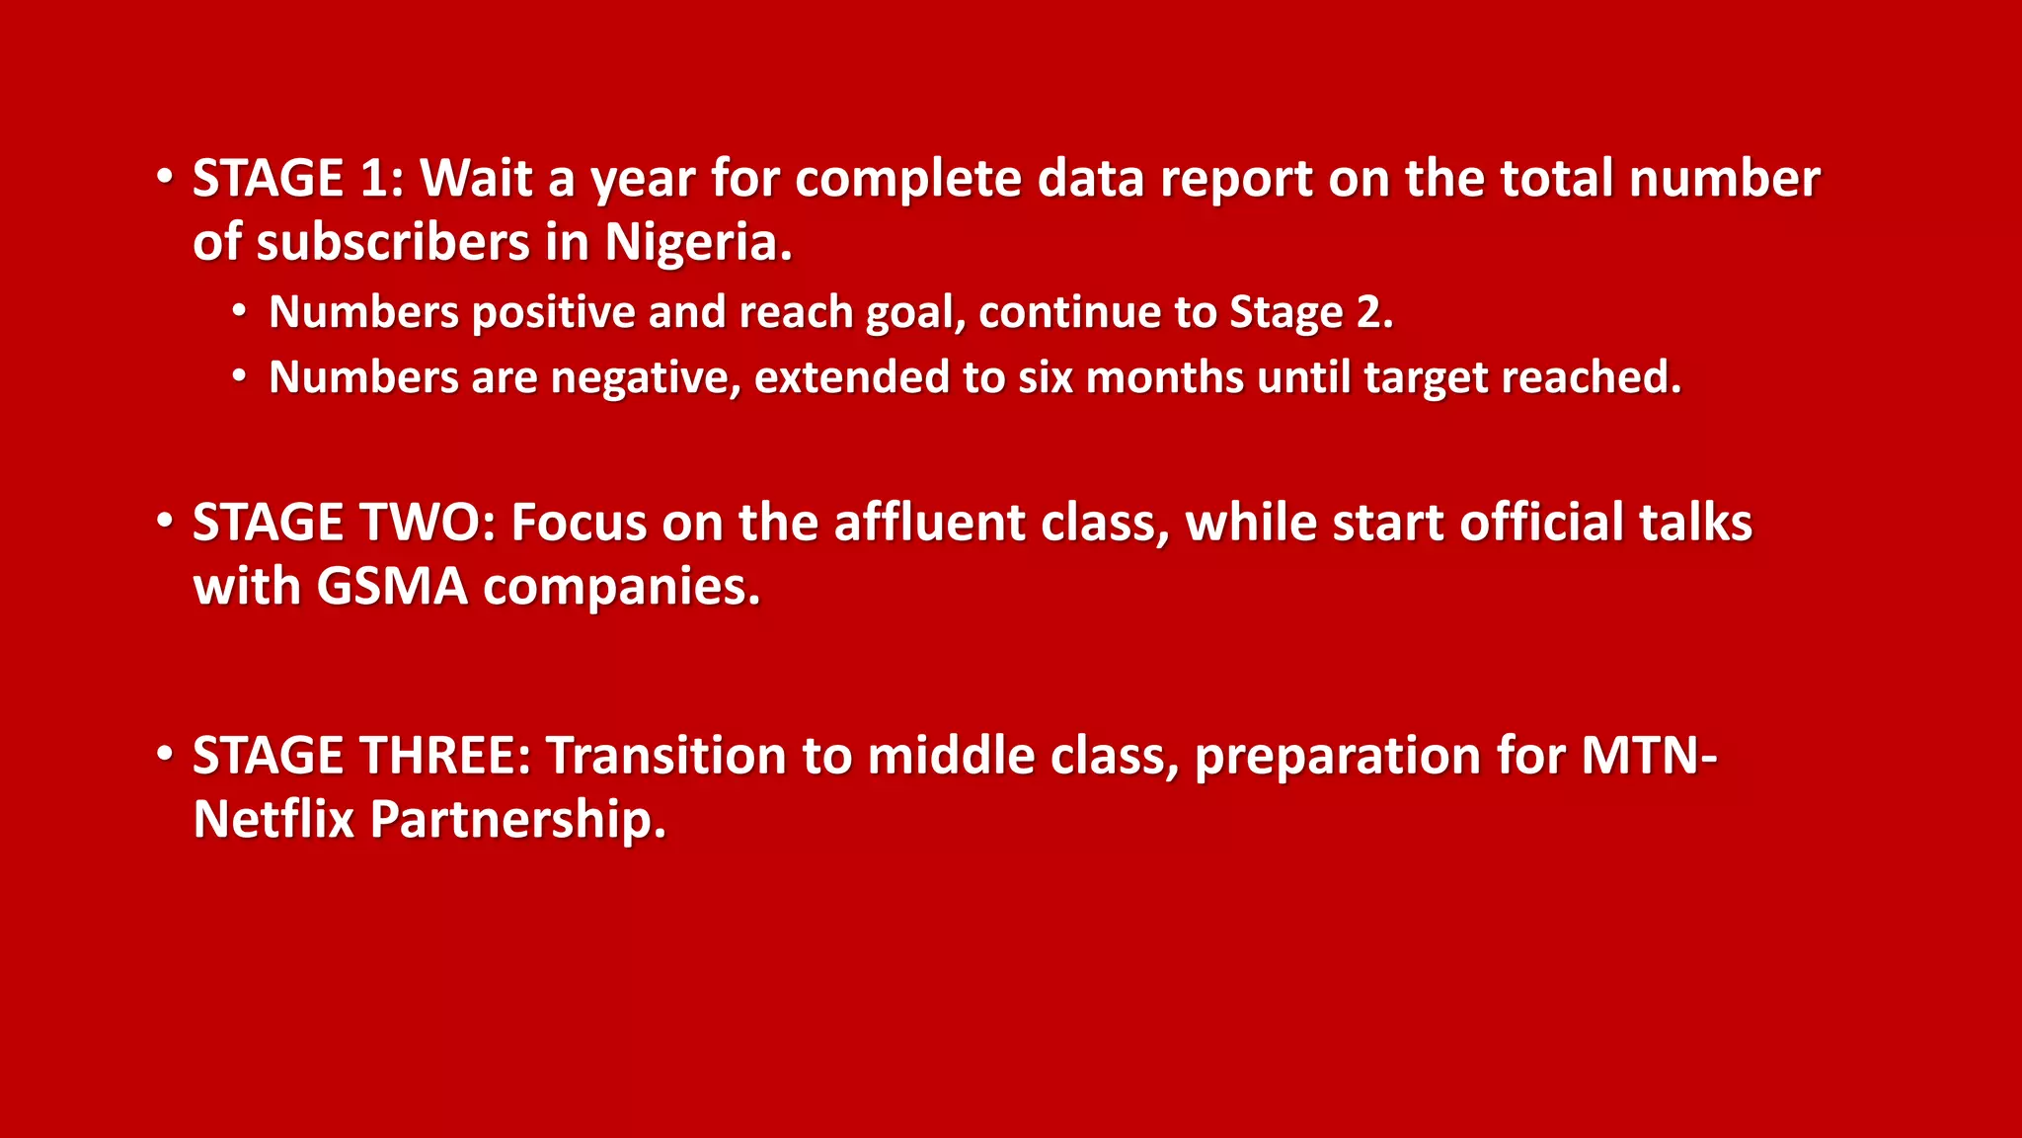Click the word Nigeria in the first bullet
point(697,243)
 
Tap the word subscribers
point(393,243)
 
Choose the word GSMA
point(392,587)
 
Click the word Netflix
point(272,820)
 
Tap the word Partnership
point(517,820)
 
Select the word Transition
point(666,756)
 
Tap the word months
point(1164,378)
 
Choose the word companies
point(621,587)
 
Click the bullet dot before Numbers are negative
point(239,376)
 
